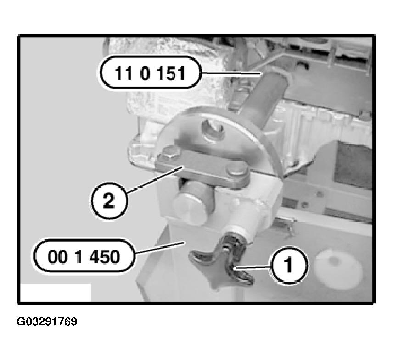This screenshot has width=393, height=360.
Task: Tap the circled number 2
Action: (x=109, y=201)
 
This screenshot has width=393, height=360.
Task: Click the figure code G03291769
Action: (x=47, y=322)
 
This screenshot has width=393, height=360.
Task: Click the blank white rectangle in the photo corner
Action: (x=55, y=292)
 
